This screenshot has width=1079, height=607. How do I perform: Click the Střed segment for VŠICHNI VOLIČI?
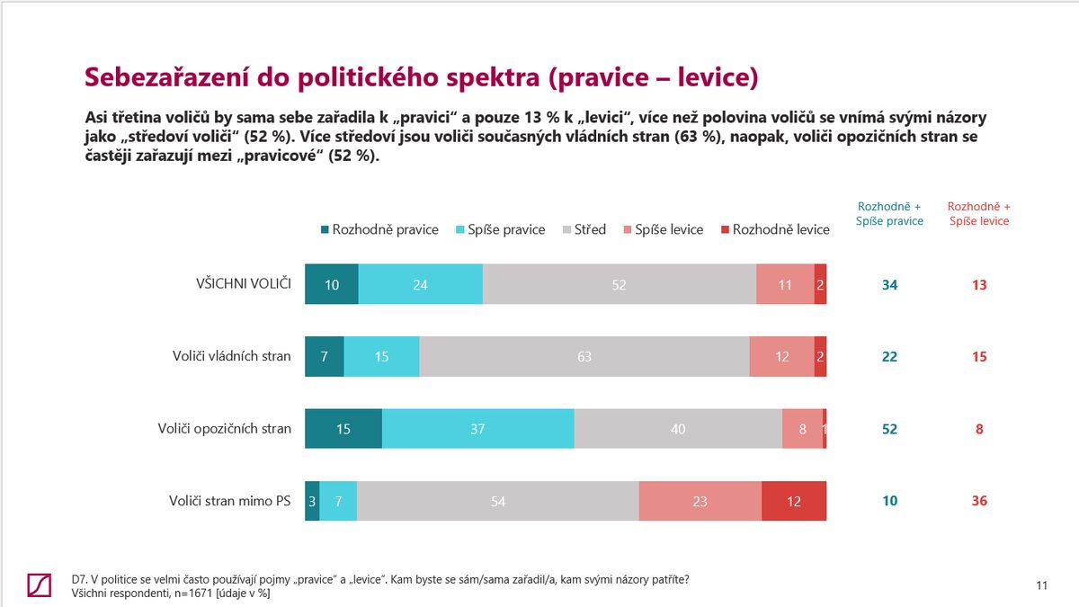619,284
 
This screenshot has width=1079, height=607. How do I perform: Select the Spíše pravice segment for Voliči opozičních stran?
477,429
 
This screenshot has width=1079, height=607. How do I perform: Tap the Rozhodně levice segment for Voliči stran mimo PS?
793,501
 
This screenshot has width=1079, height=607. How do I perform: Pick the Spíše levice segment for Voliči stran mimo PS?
700,501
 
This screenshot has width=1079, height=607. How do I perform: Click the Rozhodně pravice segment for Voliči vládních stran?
324,356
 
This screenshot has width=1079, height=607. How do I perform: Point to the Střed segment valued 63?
584,356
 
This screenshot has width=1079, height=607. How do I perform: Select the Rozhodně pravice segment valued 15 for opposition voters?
343,429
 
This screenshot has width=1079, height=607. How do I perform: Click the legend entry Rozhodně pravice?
379,229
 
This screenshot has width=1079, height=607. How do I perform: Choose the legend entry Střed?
584,229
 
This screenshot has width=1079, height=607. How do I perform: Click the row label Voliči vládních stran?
232,356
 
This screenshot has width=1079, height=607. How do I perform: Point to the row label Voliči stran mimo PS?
230,501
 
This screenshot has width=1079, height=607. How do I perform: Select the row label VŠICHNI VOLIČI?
244,284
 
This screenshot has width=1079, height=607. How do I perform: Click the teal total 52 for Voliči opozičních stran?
889,429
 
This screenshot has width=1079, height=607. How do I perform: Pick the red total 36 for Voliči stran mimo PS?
979,501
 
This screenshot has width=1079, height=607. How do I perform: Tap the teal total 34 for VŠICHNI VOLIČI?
889,284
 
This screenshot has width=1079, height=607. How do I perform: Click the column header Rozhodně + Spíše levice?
979,213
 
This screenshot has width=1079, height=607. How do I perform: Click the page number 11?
1042,586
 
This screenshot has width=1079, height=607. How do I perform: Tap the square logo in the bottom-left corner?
40,585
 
